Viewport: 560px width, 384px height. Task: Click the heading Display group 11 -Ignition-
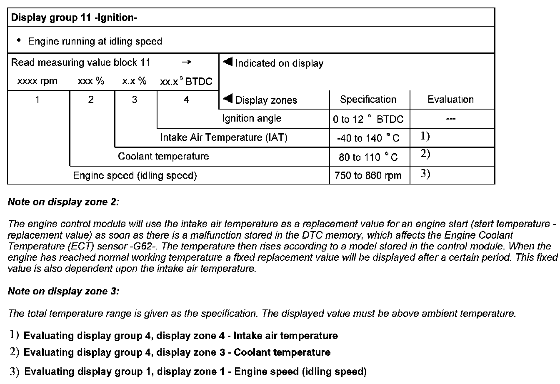point(74,18)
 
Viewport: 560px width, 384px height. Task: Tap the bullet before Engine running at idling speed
point(19,40)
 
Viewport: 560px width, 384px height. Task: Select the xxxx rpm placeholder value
point(37,81)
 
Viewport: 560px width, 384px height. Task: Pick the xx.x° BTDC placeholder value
point(186,82)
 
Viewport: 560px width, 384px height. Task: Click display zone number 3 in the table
point(135,100)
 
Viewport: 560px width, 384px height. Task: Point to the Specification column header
point(368,100)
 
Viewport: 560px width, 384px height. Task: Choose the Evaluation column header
point(450,100)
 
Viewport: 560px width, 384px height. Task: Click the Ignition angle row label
point(252,119)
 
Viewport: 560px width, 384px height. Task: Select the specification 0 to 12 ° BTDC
point(368,120)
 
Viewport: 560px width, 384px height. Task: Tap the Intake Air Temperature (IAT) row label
point(224,137)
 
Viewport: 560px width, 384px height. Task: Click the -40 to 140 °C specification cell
point(368,138)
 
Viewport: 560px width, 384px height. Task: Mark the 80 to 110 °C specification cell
point(368,157)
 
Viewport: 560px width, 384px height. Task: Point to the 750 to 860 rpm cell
point(368,175)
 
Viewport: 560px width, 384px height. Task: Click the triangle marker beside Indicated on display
point(227,62)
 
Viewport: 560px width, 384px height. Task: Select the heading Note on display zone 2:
point(63,202)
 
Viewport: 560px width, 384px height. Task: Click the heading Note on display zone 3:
point(63,291)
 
